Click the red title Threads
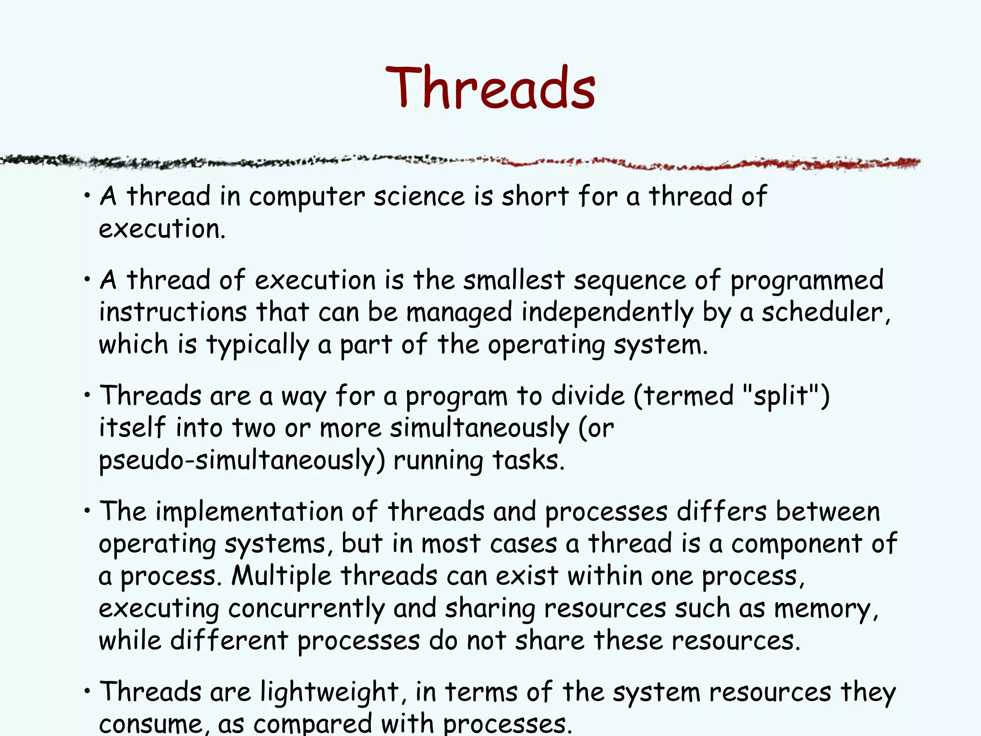(490, 87)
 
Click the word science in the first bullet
(419, 196)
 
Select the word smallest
(513, 280)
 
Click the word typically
(258, 345)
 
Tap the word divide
(588, 396)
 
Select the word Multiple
(281, 576)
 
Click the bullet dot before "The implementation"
(87, 511)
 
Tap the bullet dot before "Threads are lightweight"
(87, 691)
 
